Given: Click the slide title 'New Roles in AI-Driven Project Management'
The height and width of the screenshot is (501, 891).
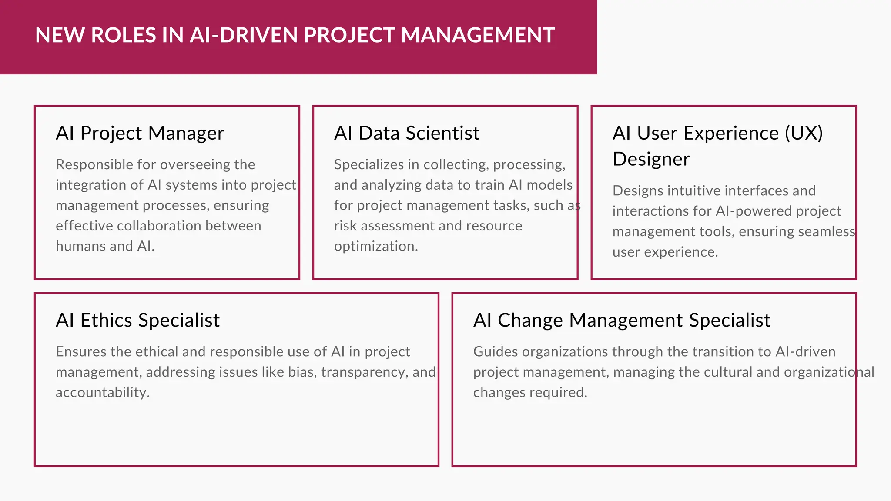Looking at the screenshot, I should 295,35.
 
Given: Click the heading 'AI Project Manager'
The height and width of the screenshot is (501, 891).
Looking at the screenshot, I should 140,133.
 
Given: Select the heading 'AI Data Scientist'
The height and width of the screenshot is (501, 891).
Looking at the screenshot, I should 406,133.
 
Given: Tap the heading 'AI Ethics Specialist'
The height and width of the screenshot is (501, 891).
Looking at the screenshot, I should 137,321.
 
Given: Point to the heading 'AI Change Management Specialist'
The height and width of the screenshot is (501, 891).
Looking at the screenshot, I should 622,321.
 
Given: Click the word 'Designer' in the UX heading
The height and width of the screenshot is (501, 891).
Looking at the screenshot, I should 651,159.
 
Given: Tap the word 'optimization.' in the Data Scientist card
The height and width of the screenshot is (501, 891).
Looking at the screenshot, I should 376,247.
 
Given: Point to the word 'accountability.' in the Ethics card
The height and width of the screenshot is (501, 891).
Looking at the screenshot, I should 103,393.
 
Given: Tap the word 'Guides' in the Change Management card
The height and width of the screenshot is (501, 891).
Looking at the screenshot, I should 496,352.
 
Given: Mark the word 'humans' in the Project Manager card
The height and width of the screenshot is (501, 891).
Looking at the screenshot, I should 81,247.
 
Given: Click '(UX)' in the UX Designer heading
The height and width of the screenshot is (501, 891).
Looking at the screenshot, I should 804,133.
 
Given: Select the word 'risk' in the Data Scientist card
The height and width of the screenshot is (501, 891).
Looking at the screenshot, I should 345,226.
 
